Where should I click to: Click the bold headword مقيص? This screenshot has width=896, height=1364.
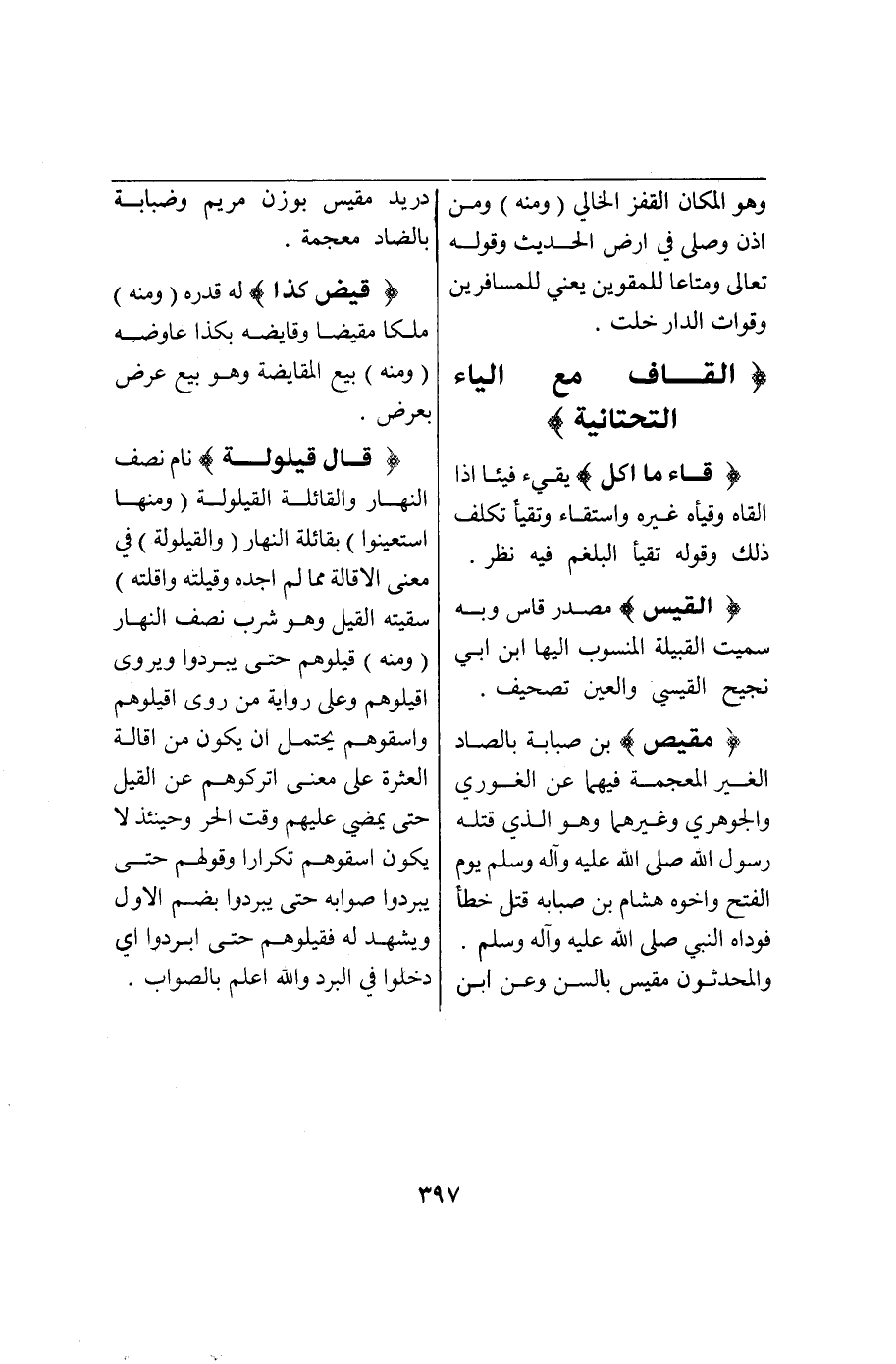click(691, 738)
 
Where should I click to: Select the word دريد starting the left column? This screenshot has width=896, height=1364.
click(397, 205)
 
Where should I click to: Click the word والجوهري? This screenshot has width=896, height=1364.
click(738, 823)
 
